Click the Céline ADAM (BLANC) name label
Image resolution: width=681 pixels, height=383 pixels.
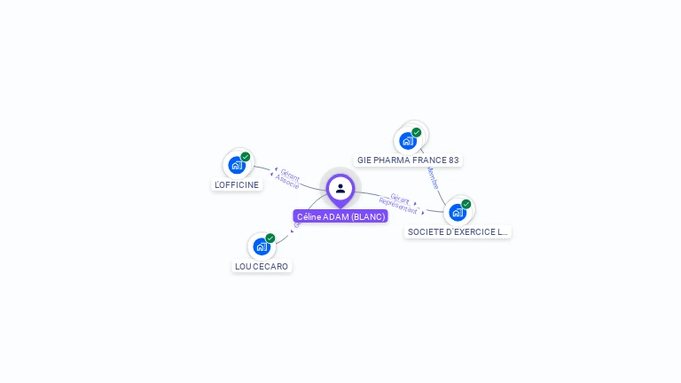[x=340, y=216]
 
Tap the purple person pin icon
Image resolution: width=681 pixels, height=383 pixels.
[x=340, y=188]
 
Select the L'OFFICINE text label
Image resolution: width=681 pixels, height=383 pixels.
[x=238, y=184]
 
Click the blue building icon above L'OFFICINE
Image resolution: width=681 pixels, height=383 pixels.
[x=236, y=165]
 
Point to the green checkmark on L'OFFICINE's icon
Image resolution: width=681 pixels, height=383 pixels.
[x=246, y=157]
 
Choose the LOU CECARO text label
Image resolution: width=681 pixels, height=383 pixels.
[x=262, y=266]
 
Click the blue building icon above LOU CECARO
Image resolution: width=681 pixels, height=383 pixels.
[x=261, y=246]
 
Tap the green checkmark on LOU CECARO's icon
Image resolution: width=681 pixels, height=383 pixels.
[x=270, y=238]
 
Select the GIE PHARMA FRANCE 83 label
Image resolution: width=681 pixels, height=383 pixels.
[x=408, y=160]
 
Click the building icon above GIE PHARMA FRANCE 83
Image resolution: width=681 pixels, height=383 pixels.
[x=407, y=140]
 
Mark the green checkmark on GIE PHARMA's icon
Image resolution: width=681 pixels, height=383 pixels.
[x=417, y=132]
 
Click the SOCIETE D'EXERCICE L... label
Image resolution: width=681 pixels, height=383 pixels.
[x=458, y=232]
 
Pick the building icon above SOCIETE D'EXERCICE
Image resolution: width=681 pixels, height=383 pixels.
[x=457, y=212]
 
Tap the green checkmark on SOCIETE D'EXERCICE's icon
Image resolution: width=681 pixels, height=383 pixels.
[x=466, y=204]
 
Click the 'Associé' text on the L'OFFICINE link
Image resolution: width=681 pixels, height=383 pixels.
[x=287, y=181]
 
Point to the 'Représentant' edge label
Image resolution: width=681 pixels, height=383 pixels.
[x=397, y=207]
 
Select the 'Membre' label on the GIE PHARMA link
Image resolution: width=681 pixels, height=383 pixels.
[x=433, y=178]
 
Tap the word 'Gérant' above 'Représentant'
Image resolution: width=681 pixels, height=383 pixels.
[x=400, y=199]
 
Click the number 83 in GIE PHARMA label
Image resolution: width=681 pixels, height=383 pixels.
[x=453, y=160]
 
